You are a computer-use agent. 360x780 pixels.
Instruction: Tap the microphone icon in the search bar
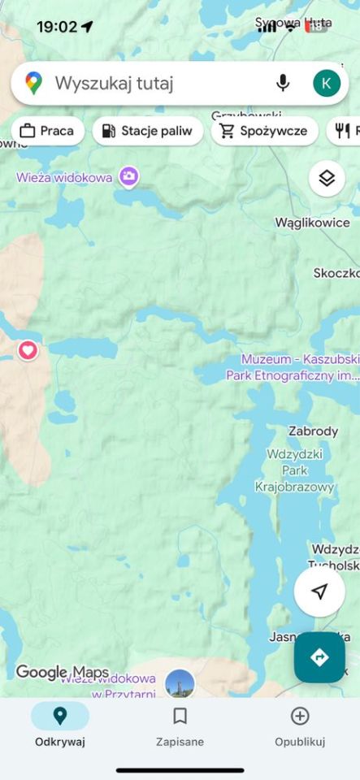(x=283, y=83)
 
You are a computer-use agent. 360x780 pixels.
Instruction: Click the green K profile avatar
(x=326, y=83)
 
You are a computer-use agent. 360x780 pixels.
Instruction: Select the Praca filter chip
(x=47, y=131)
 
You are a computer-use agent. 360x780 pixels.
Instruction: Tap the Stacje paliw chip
(x=147, y=131)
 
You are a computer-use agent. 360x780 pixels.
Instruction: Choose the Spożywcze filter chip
(x=264, y=131)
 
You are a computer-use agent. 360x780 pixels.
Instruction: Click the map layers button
(x=327, y=178)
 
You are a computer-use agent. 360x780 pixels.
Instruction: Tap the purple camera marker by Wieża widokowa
(x=128, y=176)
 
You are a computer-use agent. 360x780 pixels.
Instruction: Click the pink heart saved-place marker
(x=28, y=350)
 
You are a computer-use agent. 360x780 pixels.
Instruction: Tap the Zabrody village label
(x=313, y=431)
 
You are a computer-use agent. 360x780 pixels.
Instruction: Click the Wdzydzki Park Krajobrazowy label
(x=294, y=470)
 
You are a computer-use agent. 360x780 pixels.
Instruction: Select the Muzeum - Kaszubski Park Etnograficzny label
(x=300, y=367)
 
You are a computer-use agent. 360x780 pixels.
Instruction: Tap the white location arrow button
(x=319, y=591)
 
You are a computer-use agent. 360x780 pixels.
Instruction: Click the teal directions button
(x=319, y=656)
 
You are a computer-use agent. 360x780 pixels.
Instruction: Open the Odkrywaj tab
(x=60, y=725)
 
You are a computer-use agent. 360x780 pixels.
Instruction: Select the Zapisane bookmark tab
(x=180, y=725)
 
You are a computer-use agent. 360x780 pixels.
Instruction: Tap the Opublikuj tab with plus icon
(x=300, y=725)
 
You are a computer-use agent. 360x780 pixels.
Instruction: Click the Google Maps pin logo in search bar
(x=33, y=83)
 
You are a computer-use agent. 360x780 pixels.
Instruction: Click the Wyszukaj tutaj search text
(x=115, y=83)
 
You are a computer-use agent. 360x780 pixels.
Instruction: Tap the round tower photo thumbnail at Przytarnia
(x=180, y=684)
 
